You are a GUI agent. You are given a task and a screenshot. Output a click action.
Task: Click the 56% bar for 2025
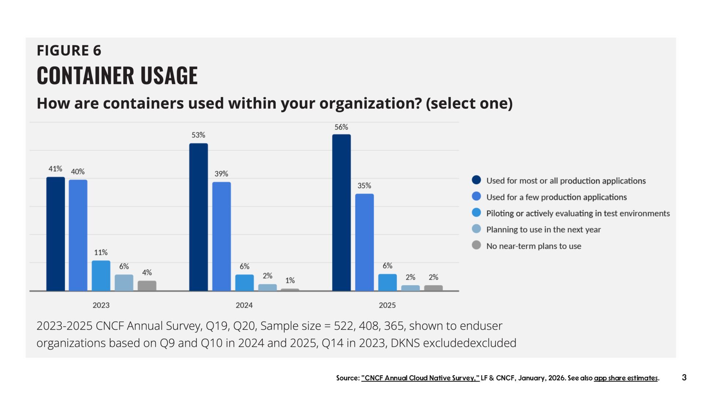(341, 212)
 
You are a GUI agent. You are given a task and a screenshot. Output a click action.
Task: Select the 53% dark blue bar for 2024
(199, 217)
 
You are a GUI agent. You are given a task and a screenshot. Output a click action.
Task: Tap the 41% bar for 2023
(56, 234)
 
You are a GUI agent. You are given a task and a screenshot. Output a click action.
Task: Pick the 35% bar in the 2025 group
(364, 242)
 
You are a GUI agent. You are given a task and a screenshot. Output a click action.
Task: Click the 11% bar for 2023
(101, 275)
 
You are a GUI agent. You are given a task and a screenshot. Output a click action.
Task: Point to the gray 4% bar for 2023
(147, 286)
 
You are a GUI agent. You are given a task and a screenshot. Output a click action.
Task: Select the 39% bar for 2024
(222, 236)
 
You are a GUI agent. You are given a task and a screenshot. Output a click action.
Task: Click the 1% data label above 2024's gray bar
(290, 281)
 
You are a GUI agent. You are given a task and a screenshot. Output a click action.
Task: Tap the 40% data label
(78, 172)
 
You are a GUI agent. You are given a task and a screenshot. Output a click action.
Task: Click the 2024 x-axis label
(244, 305)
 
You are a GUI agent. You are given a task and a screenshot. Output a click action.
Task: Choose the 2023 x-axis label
(101, 305)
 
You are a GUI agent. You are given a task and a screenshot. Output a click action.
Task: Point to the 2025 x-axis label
(387, 305)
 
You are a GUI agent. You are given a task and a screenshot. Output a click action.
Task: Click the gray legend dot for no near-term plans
(476, 245)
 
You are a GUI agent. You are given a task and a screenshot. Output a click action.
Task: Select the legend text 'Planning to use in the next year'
(543, 230)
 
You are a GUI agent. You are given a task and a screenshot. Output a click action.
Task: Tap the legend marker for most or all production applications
(476, 180)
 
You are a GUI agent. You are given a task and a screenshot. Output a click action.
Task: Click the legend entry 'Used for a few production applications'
(556, 197)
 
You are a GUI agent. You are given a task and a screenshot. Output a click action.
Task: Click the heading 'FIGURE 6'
(69, 50)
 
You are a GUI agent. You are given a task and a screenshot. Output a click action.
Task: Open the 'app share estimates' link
(626, 378)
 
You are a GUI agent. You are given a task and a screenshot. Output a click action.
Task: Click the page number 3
(684, 377)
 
